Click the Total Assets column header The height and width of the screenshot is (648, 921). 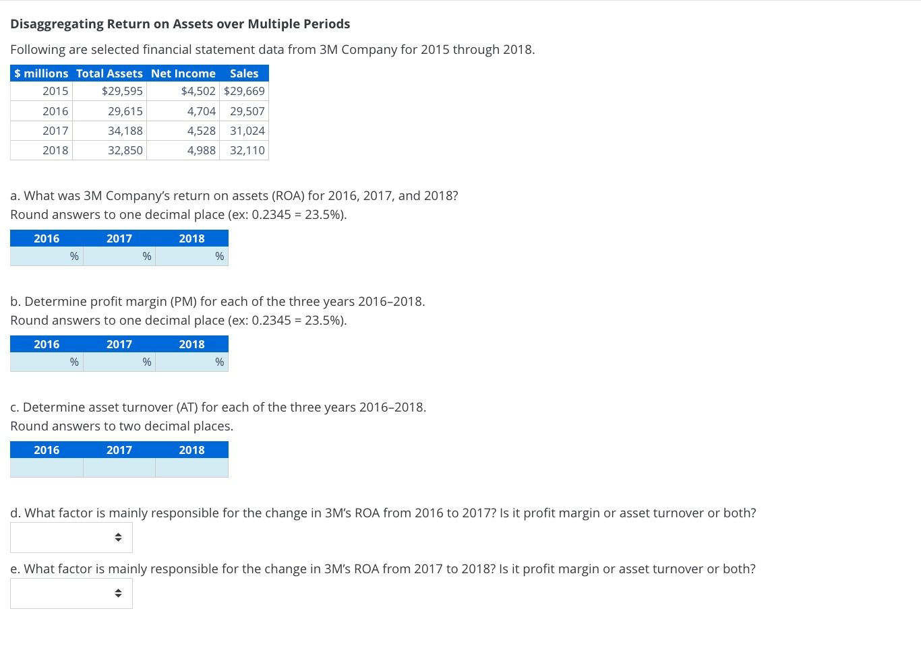click(109, 73)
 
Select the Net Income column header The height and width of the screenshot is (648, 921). click(183, 73)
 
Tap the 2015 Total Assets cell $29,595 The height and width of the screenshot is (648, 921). click(122, 91)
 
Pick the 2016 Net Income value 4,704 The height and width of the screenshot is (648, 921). click(201, 111)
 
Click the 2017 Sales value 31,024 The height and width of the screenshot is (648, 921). click(247, 131)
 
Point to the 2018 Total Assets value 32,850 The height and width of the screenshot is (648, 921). click(125, 150)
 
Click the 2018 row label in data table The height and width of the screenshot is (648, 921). click(55, 150)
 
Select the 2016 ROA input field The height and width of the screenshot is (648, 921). click(40, 257)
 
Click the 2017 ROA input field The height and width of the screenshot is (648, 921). click(113, 257)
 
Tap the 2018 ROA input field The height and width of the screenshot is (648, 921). click(185, 257)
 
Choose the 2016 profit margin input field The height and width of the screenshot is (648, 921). click(40, 362)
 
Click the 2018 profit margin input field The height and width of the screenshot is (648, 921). click(185, 362)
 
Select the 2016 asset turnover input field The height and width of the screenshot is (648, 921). click(47, 468)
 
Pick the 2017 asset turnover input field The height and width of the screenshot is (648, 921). click(119, 468)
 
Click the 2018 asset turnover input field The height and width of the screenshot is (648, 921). click(192, 468)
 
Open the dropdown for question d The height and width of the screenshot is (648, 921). click(71, 538)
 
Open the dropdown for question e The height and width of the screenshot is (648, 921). click(71, 593)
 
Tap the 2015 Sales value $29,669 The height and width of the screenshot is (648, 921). click(244, 91)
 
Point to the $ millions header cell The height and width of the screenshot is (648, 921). click(41, 73)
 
